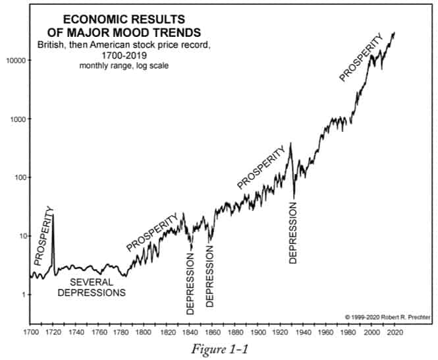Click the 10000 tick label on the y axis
16,60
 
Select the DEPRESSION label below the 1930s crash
294,232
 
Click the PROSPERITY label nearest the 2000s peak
361,57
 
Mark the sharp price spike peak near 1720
53,215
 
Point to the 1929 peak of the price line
290,143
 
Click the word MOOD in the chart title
148,32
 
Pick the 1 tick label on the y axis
23,295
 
